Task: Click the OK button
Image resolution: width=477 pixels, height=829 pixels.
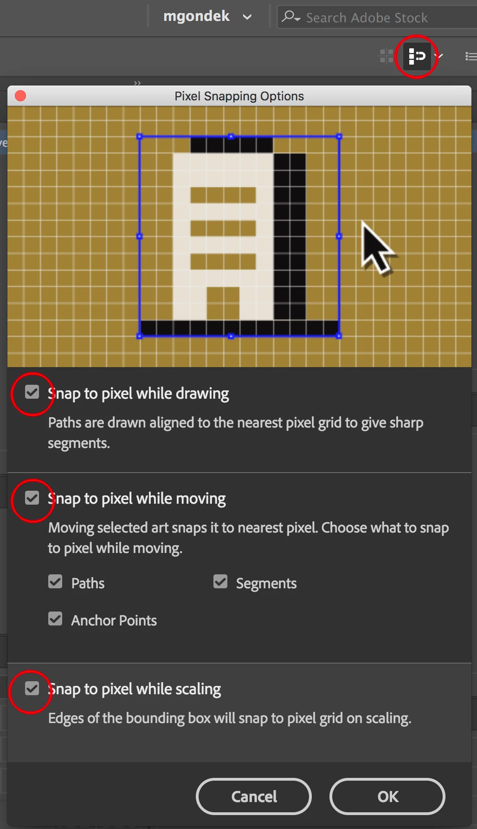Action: point(387,796)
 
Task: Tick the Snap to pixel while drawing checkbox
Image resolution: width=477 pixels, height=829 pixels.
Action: point(32,392)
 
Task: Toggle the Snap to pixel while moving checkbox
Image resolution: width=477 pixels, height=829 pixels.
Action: point(32,498)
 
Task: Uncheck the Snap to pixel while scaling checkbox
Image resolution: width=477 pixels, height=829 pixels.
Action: point(32,688)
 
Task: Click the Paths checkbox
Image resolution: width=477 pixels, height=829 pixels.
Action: point(55,581)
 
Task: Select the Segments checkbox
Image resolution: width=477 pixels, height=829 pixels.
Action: point(220,581)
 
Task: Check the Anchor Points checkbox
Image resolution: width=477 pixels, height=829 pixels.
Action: point(55,618)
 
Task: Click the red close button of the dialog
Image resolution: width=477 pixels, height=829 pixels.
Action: point(20,96)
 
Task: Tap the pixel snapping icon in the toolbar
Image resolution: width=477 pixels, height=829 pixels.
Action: point(417,56)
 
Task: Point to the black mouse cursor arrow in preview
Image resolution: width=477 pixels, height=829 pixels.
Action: point(377,248)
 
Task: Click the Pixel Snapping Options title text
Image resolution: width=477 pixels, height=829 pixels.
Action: point(239,96)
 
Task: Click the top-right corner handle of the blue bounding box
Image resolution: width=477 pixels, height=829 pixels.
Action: point(339,137)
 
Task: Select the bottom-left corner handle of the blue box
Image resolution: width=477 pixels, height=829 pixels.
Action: point(139,336)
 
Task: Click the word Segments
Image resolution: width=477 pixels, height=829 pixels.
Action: point(266,584)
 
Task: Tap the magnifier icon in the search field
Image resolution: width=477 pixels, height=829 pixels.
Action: point(291,17)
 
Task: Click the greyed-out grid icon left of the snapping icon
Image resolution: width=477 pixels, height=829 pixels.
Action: point(387,56)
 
